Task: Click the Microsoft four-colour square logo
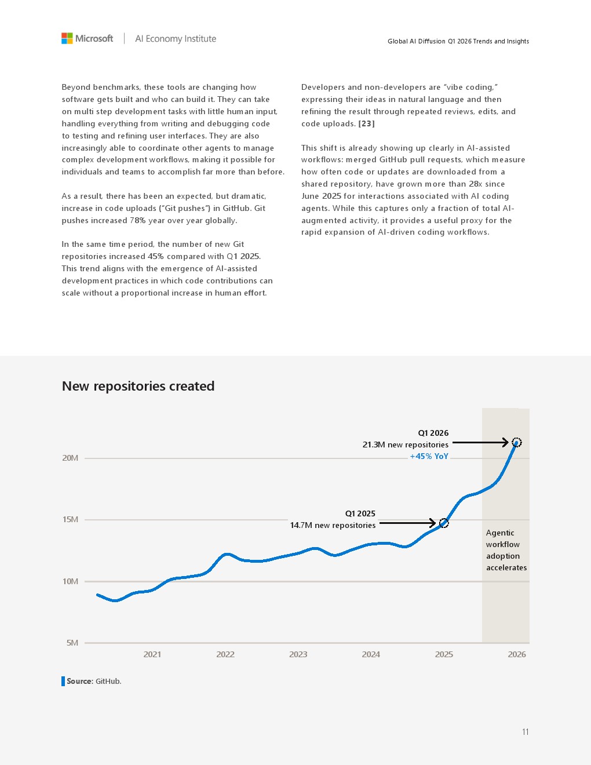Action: (67, 38)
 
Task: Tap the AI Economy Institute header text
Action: (176, 39)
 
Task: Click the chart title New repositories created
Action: (138, 386)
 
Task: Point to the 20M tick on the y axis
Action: (70, 458)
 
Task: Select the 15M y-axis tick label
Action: (70, 520)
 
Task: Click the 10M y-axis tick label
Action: (70, 581)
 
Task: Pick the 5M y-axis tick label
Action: (72, 643)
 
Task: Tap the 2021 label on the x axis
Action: (152, 654)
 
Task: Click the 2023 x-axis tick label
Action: (298, 654)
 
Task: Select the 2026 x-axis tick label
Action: (517, 654)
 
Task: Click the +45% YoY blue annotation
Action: (429, 456)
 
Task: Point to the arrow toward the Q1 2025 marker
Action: (407, 523)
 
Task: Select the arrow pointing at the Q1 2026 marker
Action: (480, 443)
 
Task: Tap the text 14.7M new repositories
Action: (333, 525)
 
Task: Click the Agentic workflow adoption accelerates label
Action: (506, 550)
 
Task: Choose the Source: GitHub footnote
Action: (92, 681)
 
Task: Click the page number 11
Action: (525, 732)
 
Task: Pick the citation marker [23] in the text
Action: (366, 123)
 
